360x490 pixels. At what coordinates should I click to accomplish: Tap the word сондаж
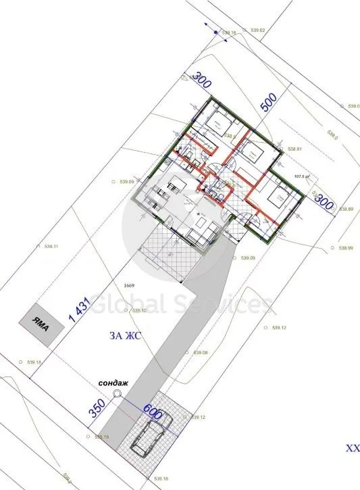(x=109, y=381)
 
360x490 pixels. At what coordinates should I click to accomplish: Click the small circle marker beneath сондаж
(x=117, y=393)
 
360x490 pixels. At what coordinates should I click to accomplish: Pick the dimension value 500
(x=269, y=103)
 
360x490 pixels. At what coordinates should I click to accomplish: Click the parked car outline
(x=151, y=435)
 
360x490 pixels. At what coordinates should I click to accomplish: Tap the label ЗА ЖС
(x=124, y=336)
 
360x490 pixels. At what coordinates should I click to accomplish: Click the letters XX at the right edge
(x=353, y=448)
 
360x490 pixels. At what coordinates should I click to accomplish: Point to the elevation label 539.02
(x=257, y=30)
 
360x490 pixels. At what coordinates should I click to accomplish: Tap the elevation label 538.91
(x=294, y=149)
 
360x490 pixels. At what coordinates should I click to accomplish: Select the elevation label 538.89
(x=346, y=209)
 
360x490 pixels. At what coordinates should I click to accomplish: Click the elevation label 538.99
(x=345, y=248)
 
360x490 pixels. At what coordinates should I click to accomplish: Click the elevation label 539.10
(x=139, y=310)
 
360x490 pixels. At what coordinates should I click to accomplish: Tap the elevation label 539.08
(x=201, y=353)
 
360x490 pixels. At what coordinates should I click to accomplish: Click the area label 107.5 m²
(x=301, y=178)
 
